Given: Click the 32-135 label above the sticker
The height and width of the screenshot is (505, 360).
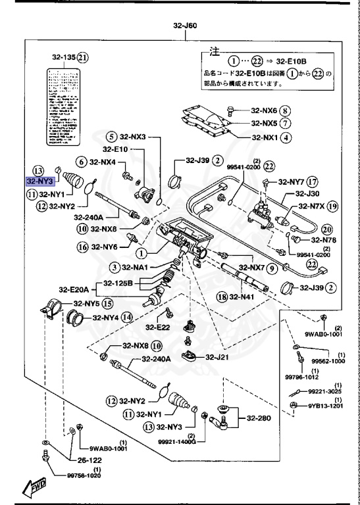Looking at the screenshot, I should [64, 57].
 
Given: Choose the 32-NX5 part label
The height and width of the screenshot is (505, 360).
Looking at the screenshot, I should [265, 123].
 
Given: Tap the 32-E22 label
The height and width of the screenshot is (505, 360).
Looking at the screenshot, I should [158, 327].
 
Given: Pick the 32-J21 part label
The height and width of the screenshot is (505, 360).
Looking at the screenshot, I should [216, 357].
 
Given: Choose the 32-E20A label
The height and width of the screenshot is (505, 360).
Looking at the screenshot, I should [73, 289].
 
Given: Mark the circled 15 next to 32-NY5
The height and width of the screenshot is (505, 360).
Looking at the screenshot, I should [107, 304].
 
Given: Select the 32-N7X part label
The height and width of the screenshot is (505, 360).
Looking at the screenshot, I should [311, 206].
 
